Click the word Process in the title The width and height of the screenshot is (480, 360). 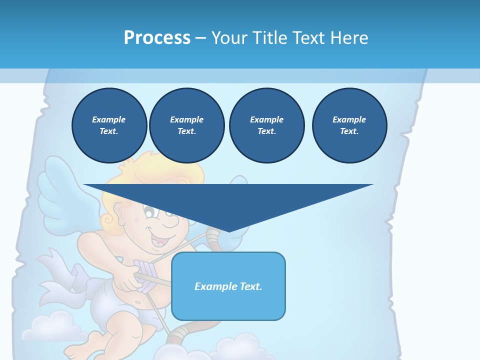pos(157,37)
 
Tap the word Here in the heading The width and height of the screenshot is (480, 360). pos(348,37)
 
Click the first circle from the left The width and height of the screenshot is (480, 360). pos(109,125)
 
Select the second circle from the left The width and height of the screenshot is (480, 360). pos(186,125)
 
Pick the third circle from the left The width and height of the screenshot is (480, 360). pos(266,125)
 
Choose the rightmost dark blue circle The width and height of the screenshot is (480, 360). pos(349,125)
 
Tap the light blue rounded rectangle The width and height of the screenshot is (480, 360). pos(228,286)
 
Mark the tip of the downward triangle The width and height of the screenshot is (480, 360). pos(229,231)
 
